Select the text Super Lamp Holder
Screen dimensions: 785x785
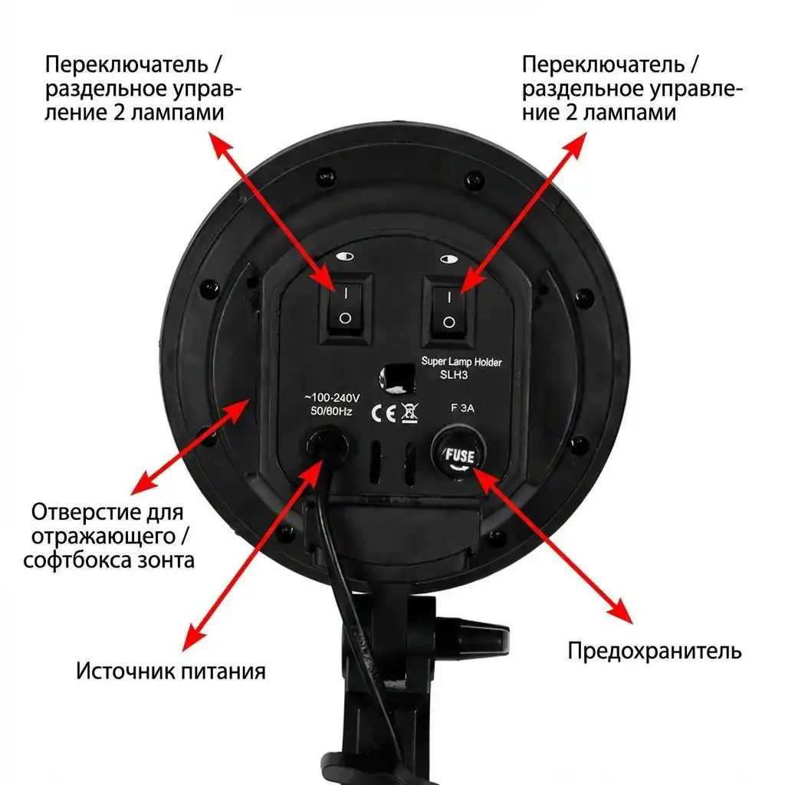(461, 362)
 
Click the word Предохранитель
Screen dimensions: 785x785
(654, 652)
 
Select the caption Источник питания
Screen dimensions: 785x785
(170, 672)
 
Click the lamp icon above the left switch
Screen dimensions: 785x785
(345, 259)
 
